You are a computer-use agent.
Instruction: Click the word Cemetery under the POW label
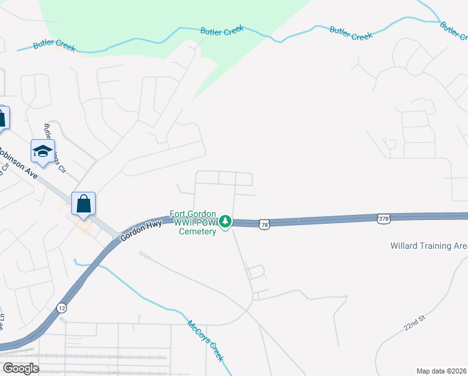[x=198, y=231]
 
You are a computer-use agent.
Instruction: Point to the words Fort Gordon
[x=193, y=214]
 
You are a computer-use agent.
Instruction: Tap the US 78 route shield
[x=265, y=224]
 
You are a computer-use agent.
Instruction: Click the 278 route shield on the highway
[x=384, y=218]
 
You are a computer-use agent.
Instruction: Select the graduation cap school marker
[x=43, y=151]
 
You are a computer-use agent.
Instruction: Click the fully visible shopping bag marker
[x=83, y=204]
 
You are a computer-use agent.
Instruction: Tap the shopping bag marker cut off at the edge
[x=3, y=117]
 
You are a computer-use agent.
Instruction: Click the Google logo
[x=20, y=368]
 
